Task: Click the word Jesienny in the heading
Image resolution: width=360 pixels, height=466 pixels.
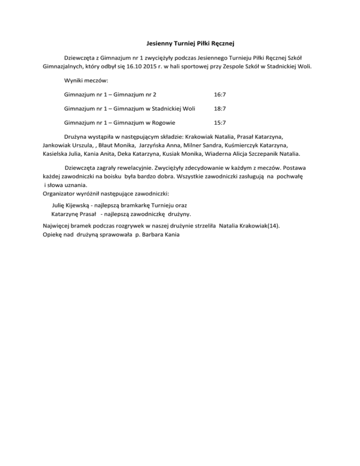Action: point(154,44)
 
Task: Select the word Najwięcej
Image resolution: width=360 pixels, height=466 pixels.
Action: point(55,225)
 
